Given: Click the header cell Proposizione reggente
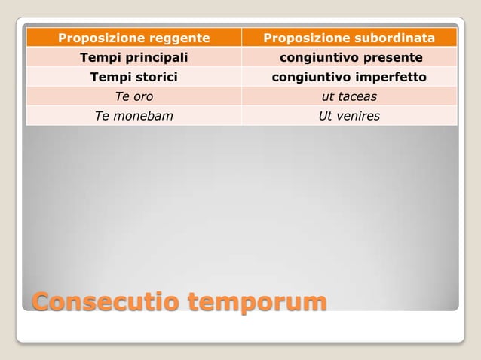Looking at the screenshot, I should (x=133, y=38).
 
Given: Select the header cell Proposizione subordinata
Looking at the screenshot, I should (x=349, y=38).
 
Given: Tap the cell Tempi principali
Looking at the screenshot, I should (x=133, y=57).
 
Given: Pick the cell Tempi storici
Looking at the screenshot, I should (x=133, y=77).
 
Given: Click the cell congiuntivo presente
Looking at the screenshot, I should (x=349, y=57).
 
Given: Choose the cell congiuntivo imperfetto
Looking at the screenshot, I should (x=349, y=77).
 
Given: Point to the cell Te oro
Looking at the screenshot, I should (x=133, y=96).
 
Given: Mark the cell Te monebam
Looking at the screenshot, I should (x=133, y=116).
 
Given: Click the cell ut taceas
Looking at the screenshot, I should (x=349, y=96).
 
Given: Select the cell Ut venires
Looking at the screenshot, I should (x=349, y=116).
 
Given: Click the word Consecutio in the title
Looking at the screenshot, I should (x=105, y=302).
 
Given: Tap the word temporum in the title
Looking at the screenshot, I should (x=257, y=302).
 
